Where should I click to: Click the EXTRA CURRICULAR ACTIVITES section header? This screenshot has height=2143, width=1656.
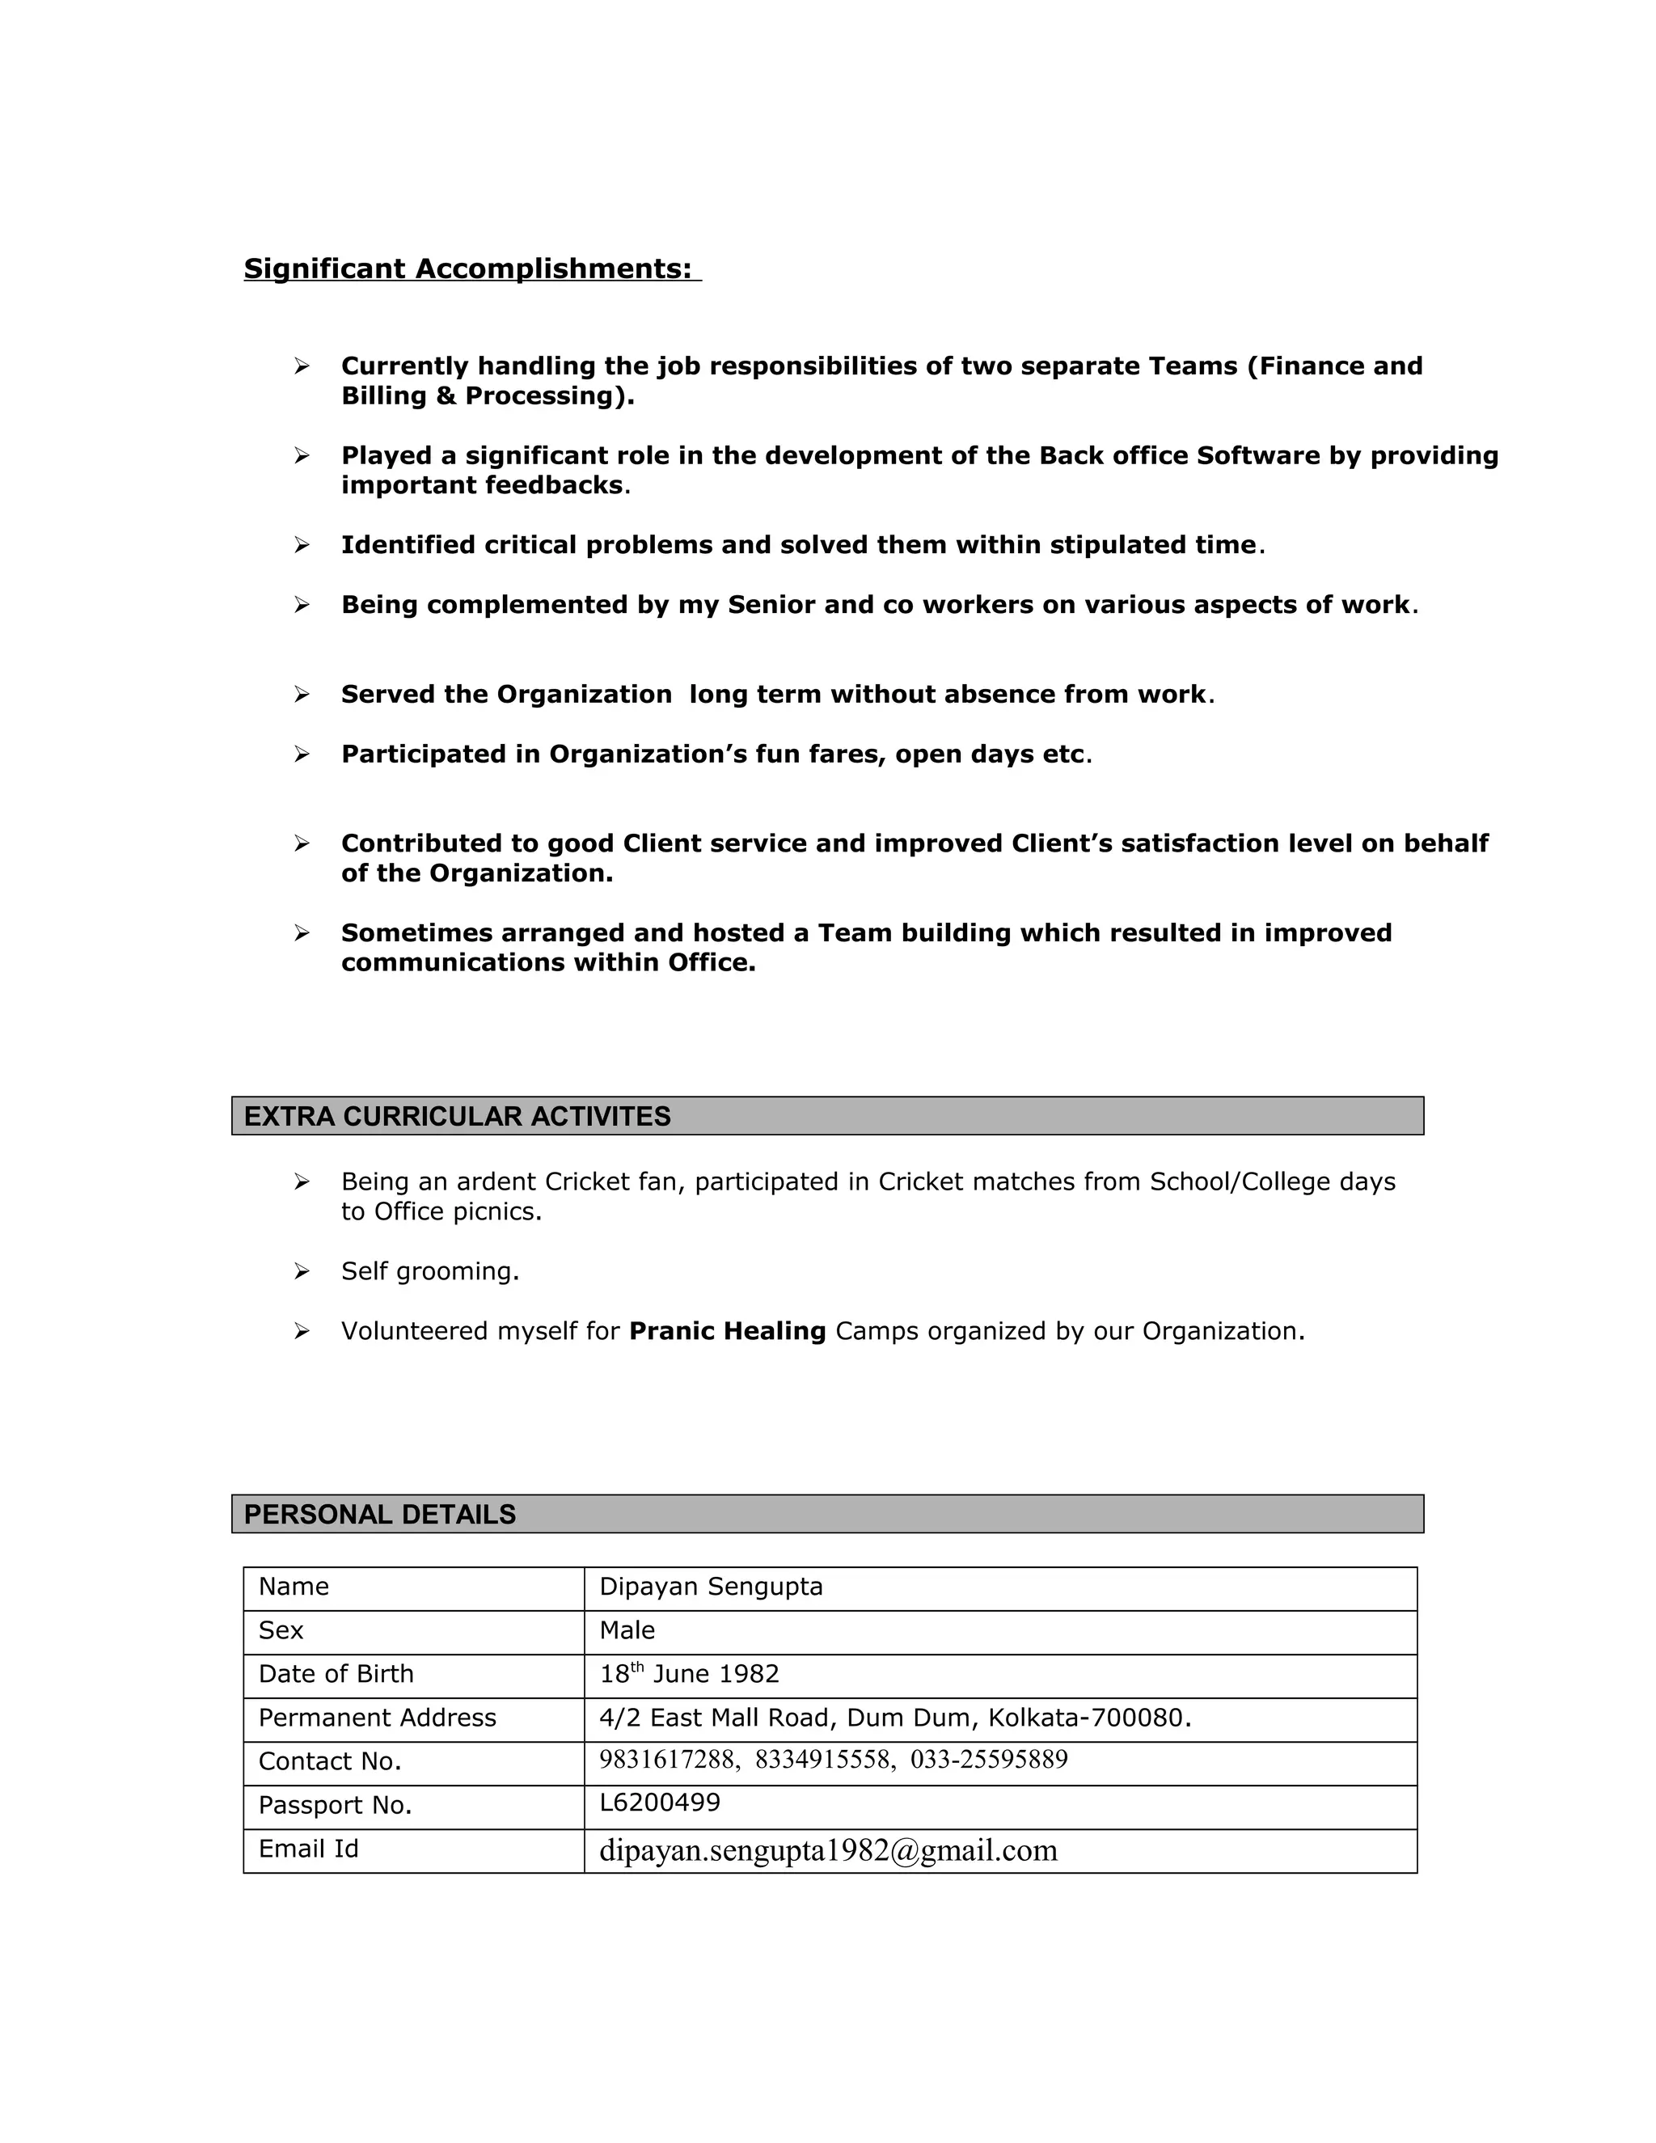point(457,1117)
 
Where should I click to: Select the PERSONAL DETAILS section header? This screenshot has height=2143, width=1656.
point(380,1514)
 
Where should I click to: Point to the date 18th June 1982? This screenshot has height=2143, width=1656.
point(689,1674)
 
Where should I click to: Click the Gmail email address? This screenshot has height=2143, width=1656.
point(828,1850)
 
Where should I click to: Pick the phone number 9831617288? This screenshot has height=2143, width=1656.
point(667,1760)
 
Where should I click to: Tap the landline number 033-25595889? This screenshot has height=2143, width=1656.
point(989,1760)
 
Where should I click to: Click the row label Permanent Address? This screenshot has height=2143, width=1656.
point(377,1718)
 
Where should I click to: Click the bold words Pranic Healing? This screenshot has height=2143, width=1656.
point(727,1332)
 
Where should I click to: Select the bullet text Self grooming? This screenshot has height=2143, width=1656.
point(429,1272)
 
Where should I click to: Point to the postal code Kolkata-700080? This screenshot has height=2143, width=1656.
point(1086,1718)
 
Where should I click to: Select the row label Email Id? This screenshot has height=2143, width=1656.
point(308,1849)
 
